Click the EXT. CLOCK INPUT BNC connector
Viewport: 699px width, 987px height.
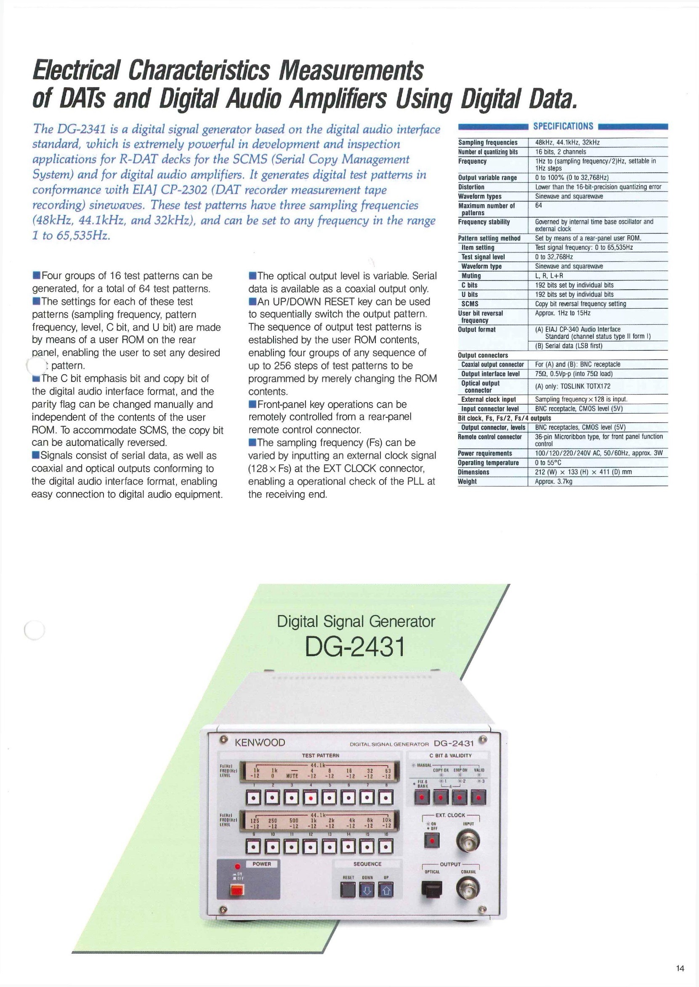(468, 840)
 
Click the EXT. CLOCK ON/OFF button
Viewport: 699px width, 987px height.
(432, 840)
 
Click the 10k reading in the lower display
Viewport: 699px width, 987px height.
(386, 820)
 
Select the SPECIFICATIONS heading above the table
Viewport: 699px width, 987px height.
(563, 126)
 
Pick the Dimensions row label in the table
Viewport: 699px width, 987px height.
(473, 472)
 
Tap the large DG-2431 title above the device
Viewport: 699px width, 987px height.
(355, 647)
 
